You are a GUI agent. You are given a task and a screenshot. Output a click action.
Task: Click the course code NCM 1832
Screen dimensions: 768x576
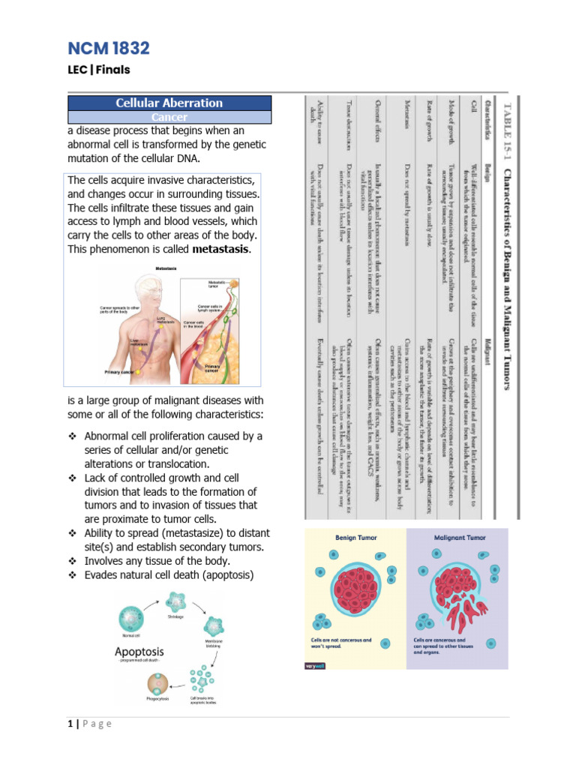coord(109,49)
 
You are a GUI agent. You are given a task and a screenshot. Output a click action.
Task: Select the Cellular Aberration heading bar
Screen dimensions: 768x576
coord(169,103)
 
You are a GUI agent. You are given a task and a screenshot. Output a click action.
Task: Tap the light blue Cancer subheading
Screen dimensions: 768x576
coord(169,118)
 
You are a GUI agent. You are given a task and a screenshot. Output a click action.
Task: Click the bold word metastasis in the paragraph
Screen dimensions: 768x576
coord(221,249)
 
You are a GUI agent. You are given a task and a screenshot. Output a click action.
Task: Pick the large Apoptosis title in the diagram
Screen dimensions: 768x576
coord(139,652)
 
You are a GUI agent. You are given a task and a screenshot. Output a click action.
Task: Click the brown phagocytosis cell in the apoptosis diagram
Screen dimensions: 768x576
coord(157,682)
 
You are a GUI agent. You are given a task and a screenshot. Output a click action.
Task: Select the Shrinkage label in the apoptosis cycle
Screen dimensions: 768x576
coord(176,616)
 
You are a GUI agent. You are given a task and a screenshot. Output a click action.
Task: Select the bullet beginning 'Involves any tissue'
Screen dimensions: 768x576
coord(147,561)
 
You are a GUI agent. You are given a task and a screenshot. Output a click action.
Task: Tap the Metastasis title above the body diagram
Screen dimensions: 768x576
coord(166,268)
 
